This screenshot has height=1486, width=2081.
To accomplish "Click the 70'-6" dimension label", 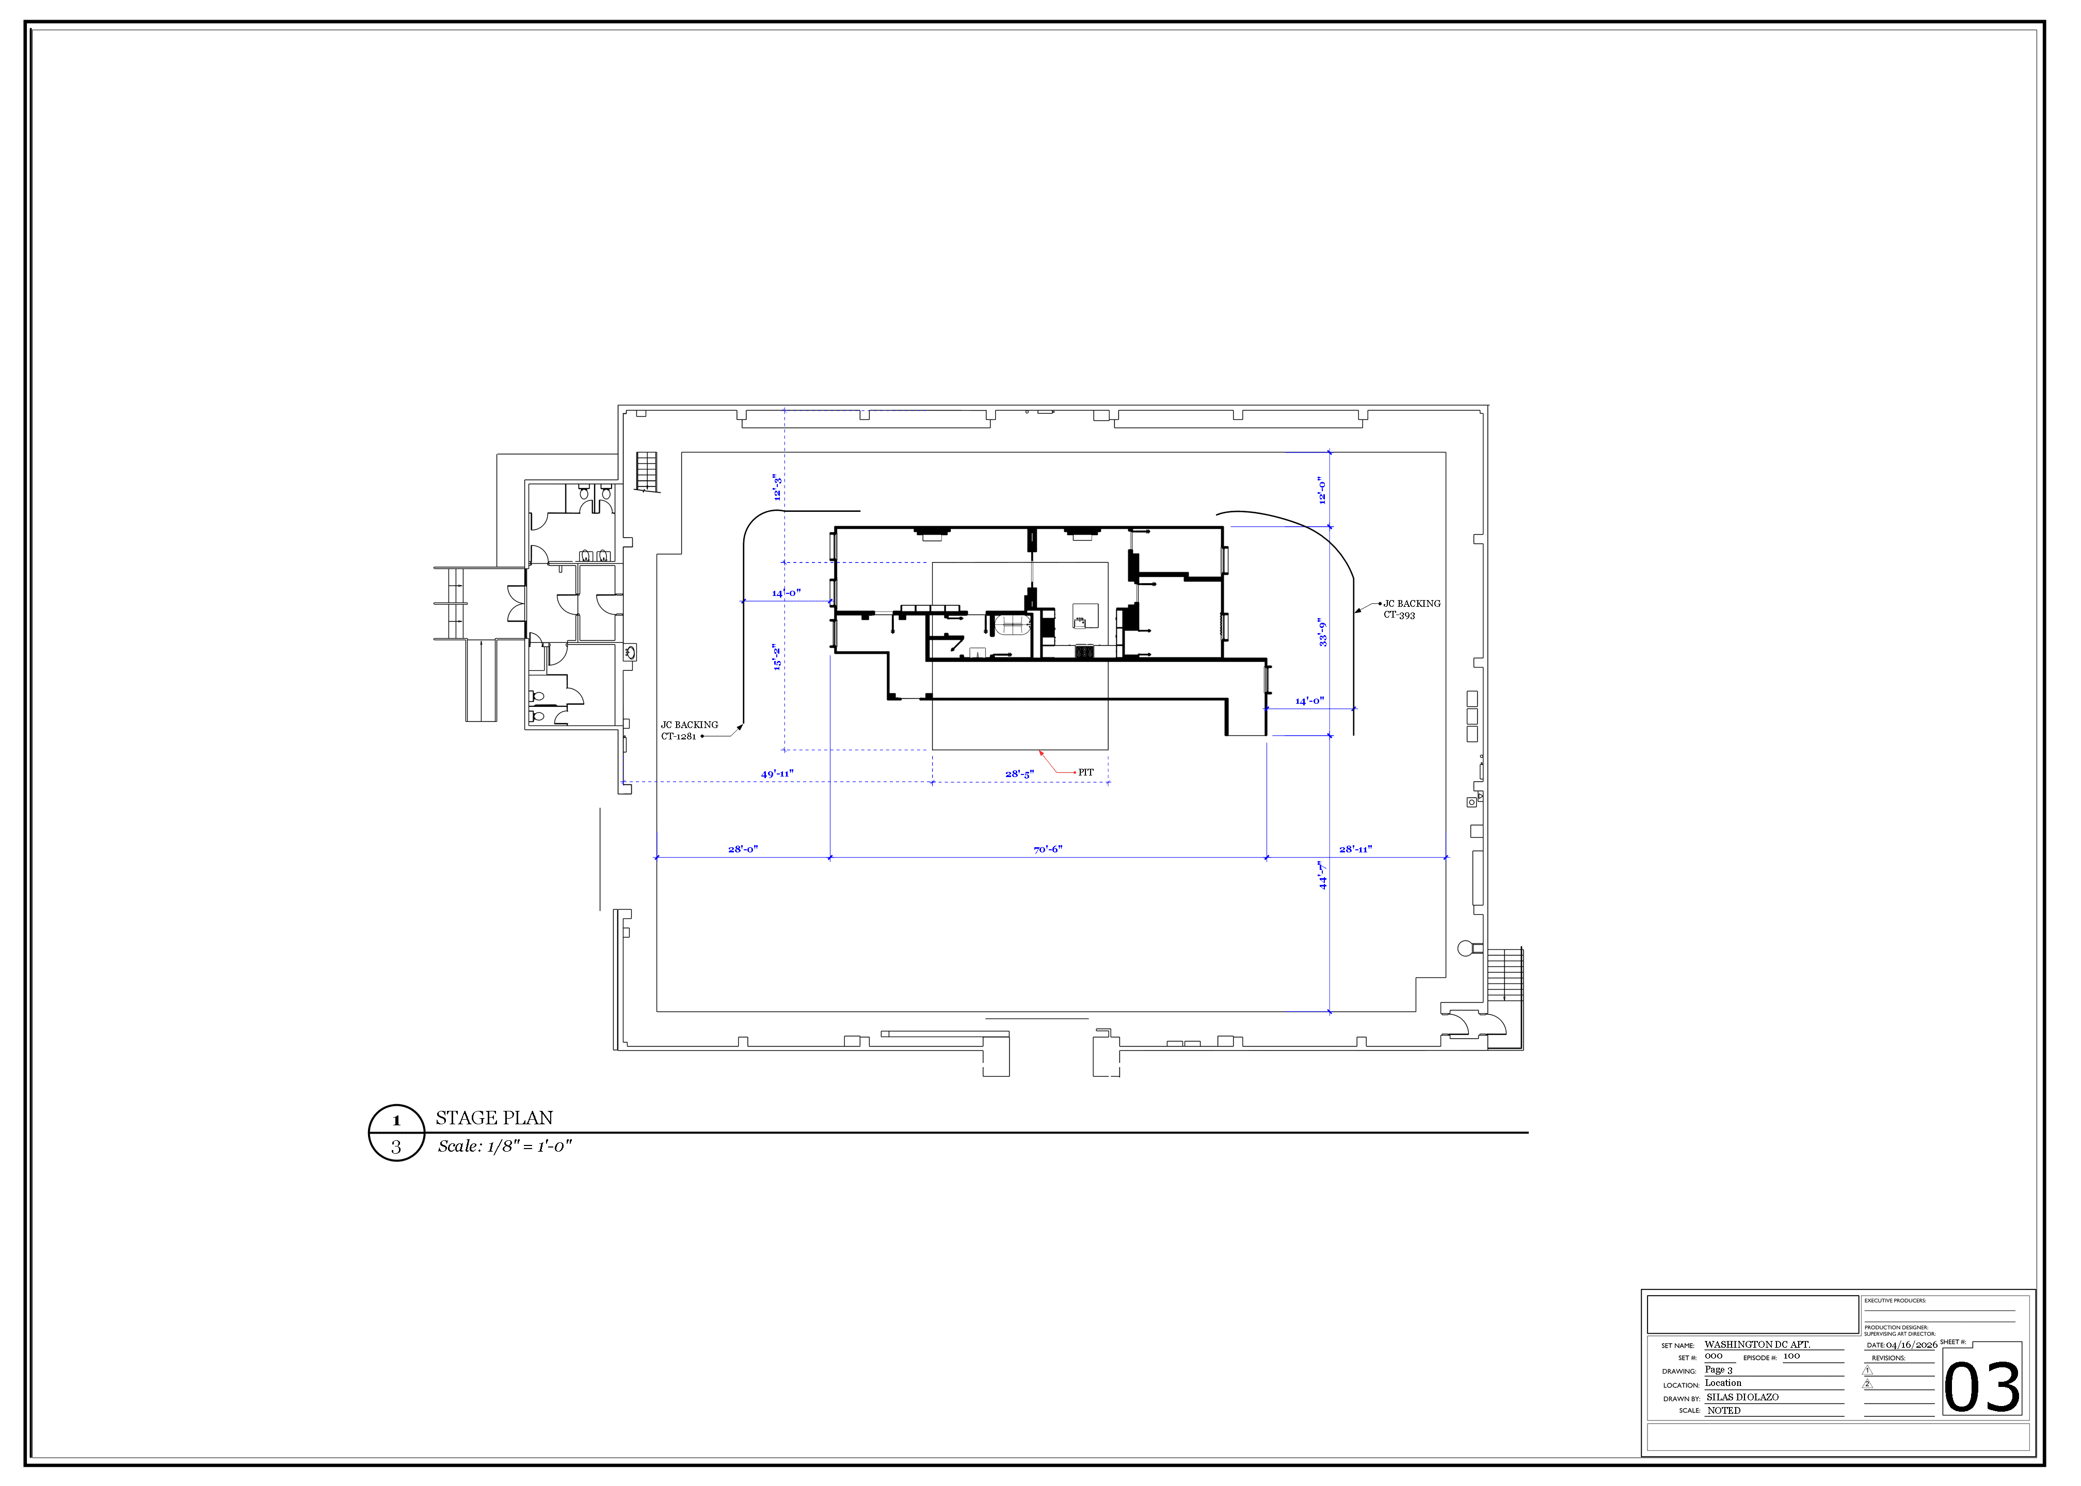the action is [1048, 850].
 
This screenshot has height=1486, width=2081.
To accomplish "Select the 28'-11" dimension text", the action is [1355, 850].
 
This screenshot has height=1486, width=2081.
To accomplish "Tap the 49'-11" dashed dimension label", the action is [777, 774].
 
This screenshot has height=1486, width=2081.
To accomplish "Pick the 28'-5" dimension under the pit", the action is [1019, 774].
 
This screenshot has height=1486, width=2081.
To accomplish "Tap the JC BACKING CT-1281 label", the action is [689, 730].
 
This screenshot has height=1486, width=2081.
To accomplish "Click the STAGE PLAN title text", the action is [494, 1118].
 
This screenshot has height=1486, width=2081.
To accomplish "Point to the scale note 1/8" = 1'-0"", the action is [504, 1146].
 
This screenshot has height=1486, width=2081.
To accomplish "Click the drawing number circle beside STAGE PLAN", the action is [396, 1133].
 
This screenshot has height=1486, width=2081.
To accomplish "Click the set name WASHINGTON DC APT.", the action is [1757, 1344].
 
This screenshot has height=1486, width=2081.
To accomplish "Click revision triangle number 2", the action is [1868, 1383].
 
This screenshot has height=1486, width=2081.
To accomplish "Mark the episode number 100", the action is [1791, 1356].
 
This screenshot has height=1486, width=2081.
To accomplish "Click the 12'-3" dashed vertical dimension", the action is [777, 487].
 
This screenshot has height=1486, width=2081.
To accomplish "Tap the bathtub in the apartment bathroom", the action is [1012, 626].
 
